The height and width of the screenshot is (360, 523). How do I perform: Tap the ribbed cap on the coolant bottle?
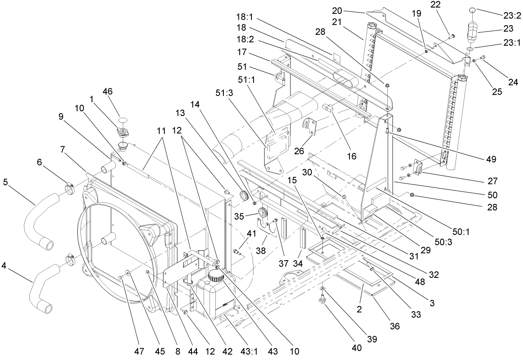pos(216,276)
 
